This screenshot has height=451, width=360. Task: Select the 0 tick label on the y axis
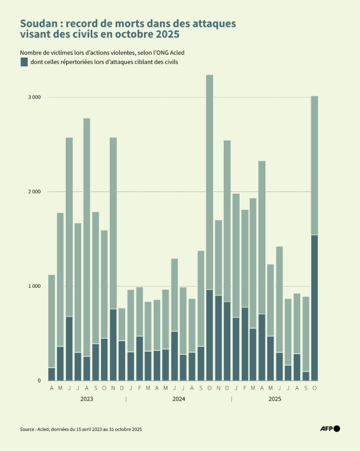coord(39,381)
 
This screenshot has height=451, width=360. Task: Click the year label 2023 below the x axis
coord(86,399)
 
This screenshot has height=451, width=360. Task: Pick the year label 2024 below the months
coord(179,399)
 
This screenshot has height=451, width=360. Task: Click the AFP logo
coord(330,429)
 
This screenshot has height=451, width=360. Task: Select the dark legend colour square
coord(24,62)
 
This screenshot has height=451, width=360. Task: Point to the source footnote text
coord(81,429)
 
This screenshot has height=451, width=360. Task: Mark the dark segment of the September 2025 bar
coord(305,376)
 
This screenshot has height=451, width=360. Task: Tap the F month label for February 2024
coord(139,389)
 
